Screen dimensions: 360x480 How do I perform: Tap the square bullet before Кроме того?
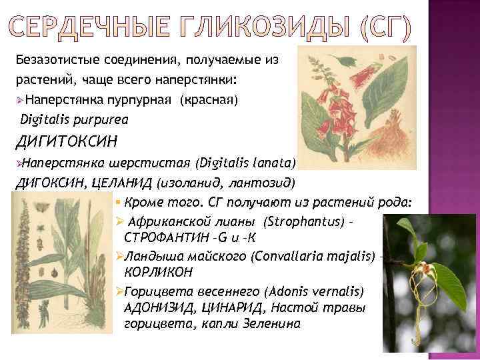[117, 202]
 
